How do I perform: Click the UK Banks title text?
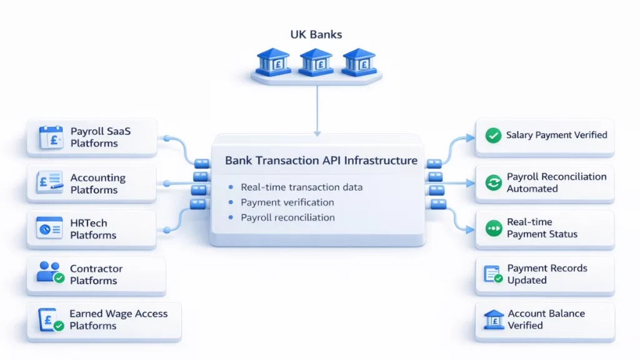coord(316,34)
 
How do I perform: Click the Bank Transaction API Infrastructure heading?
coord(321,161)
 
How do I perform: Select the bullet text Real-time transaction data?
coord(301,187)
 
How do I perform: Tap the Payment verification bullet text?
coord(287,202)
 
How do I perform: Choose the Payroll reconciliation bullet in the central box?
coord(287,217)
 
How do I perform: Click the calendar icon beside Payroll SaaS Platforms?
coord(51,137)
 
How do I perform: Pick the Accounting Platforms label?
coord(97,184)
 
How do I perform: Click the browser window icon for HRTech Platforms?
coord(50,229)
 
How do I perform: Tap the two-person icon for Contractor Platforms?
coord(50,273)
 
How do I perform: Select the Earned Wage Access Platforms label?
coord(118,319)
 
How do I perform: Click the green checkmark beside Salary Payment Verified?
coord(494,135)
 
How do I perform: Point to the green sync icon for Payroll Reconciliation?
coord(494,183)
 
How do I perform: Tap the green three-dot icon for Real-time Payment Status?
coord(494,229)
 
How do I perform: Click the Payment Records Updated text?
coord(547,274)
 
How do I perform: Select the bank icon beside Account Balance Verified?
coord(494,319)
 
